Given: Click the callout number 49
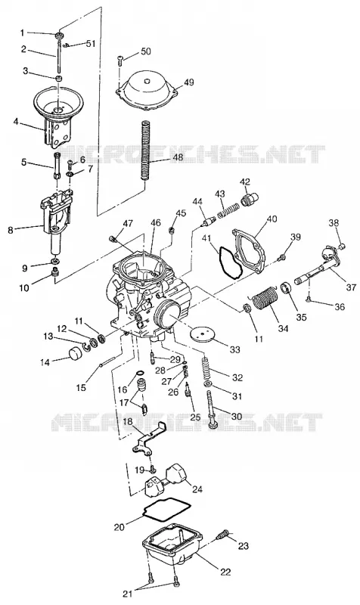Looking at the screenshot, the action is pos(188,82).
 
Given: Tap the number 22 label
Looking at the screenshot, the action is pos(225,572).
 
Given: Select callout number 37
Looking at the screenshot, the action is pos(351,287).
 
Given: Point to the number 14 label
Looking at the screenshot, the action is pos(45,362).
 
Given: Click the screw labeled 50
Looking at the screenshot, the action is pos(120,60).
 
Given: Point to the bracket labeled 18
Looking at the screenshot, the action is pos(147,439).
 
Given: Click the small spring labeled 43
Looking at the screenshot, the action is pos(227,210).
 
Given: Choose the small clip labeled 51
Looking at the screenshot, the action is pos(67,45).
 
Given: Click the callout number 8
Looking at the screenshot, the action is pos(11,231).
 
